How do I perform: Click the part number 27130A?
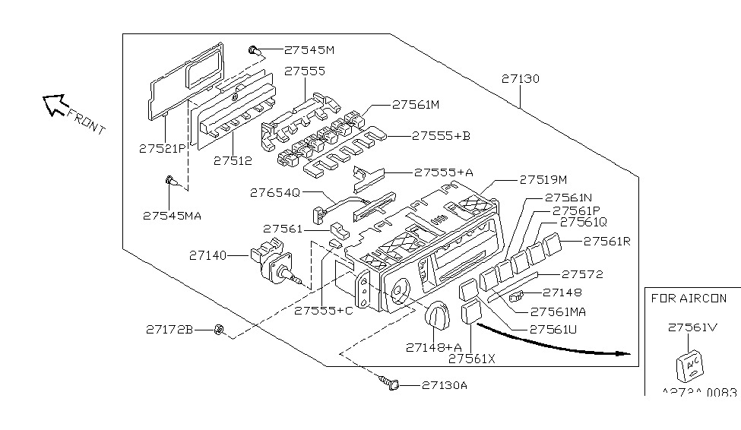coord(445,385)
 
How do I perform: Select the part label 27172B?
coord(169,330)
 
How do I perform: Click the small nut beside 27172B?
coord(218,329)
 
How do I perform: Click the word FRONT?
coord(86,121)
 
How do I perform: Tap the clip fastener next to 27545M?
coord(254,51)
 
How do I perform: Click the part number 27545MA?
coord(172,215)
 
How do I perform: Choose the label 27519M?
coord(543,180)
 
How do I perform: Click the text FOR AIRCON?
coord(689,299)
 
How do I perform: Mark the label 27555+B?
coord(441,137)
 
